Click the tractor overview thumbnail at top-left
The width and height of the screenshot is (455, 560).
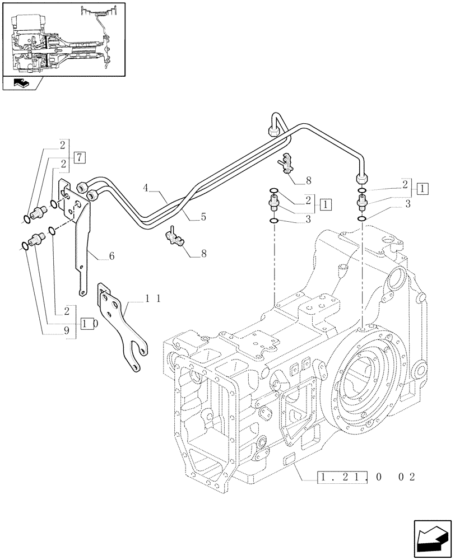pyautogui.click(x=63, y=38)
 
